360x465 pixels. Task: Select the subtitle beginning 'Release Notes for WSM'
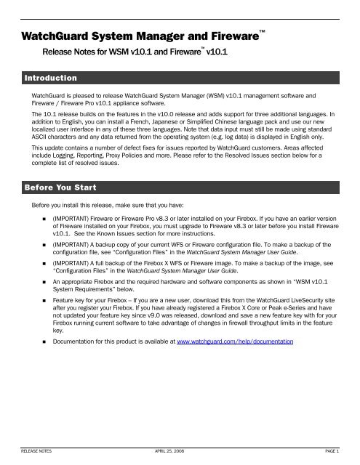click(124, 52)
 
